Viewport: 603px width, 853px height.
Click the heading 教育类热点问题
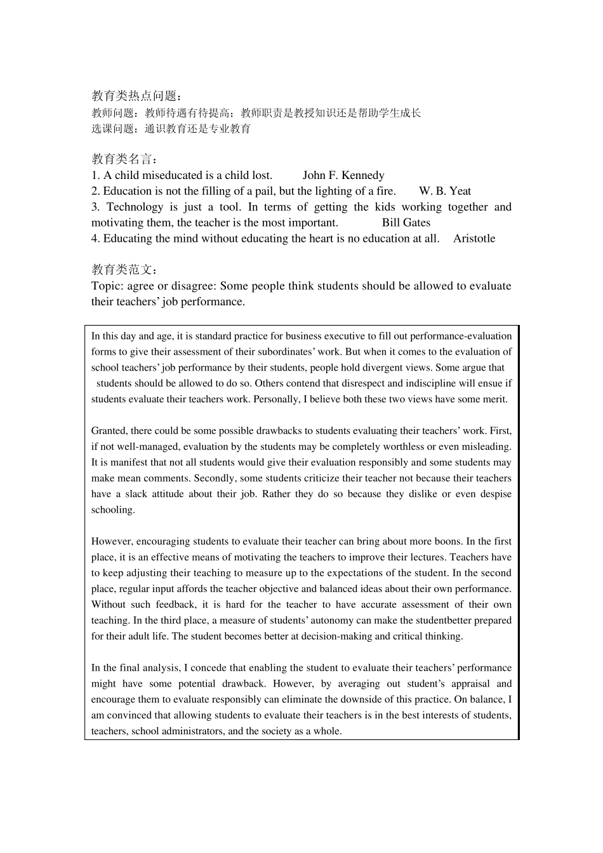pyautogui.click(x=136, y=96)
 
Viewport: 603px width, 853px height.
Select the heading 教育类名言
pyautogui.click(x=124, y=159)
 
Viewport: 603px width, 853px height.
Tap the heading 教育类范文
pyautogui.click(x=124, y=270)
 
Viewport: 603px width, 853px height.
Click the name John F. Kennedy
pyautogui.click(x=343, y=175)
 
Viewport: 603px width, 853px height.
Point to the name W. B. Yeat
pyautogui.click(x=445, y=191)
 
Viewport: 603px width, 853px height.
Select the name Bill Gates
pyautogui.click(x=406, y=223)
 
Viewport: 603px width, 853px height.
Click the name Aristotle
pyautogui.click(x=474, y=239)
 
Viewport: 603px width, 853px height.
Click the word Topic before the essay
pyautogui.click(x=106, y=286)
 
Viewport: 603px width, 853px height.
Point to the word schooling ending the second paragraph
pyautogui.click(x=112, y=510)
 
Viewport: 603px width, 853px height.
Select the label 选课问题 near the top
pyautogui.click(x=114, y=129)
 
